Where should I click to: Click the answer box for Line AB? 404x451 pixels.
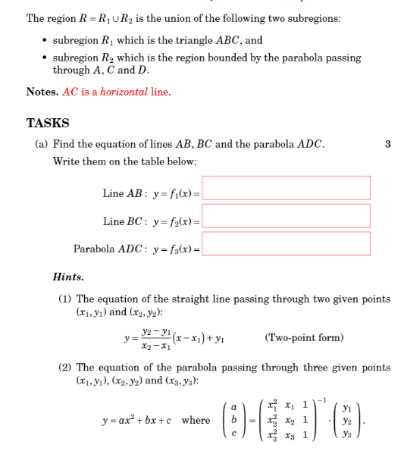click(x=287, y=188)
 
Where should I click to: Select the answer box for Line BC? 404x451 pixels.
click(x=287, y=216)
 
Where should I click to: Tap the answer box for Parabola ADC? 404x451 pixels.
click(x=287, y=243)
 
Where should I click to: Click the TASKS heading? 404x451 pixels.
click(x=48, y=123)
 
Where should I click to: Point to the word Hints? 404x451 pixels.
click(x=68, y=277)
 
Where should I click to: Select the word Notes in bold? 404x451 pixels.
click(x=42, y=92)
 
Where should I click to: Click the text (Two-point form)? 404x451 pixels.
click(x=304, y=337)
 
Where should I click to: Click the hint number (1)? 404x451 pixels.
click(x=65, y=299)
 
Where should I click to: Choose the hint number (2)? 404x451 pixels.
click(x=65, y=368)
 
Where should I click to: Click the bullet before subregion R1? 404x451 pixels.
click(x=45, y=41)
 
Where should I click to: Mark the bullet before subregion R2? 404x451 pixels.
click(x=45, y=58)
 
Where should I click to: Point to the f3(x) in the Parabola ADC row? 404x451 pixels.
click(x=181, y=249)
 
